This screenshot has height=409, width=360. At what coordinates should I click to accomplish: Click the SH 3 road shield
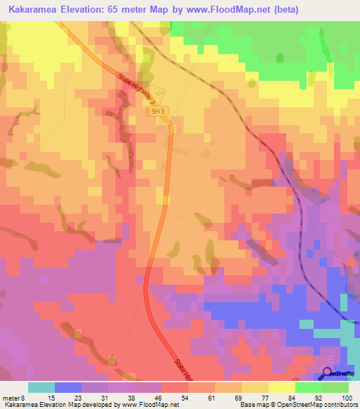(157, 111)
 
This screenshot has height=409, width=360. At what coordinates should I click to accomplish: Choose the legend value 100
(345, 398)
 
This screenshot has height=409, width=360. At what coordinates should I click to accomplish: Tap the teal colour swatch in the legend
(41, 387)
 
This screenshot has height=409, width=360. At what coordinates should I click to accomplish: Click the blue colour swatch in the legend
(68, 387)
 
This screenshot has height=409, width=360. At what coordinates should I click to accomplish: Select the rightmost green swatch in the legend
(335, 387)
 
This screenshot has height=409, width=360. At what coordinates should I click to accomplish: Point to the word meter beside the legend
(13, 398)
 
